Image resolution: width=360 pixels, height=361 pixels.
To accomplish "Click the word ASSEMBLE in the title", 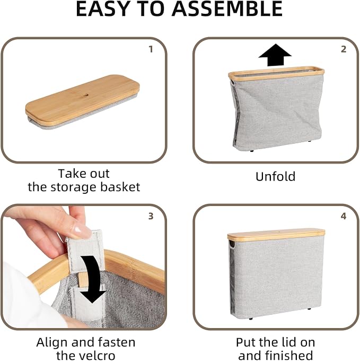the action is pyautogui.click(x=227, y=9).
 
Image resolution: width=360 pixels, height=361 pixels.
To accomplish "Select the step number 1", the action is pyautogui.click(x=151, y=49).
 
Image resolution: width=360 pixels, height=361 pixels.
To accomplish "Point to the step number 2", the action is pyautogui.click(x=344, y=49).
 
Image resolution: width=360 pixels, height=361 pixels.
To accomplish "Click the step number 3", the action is pyautogui.click(x=151, y=216).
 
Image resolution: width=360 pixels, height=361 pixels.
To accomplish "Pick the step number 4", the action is pyautogui.click(x=344, y=216).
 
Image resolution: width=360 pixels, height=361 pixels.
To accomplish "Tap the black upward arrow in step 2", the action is pyautogui.click(x=275, y=55).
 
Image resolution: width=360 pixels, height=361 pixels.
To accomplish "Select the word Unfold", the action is pyautogui.click(x=275, y=177).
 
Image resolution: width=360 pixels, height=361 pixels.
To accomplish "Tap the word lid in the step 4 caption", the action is pyautogui.click(x=291, y=342).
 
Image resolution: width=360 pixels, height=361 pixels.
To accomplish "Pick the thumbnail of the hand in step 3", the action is pyautogui.click(x=80, y=229).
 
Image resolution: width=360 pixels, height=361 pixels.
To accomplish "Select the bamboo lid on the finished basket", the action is pyautogui.click(x=276, y=235).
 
